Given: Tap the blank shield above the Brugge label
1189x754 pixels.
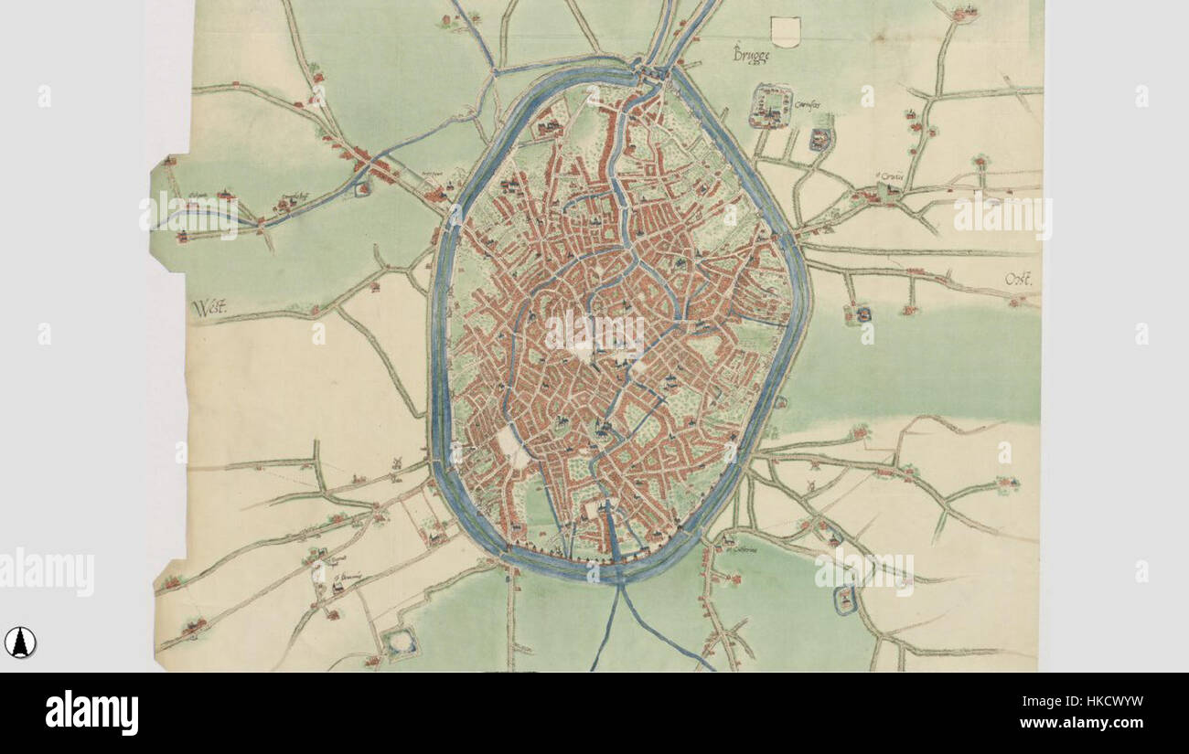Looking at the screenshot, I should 786,31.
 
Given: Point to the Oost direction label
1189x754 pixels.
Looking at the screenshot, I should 1017,280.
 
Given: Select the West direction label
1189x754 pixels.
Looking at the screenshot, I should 209,308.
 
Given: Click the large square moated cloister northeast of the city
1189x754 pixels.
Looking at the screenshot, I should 771,105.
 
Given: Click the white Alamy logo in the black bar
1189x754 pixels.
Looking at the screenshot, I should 91,713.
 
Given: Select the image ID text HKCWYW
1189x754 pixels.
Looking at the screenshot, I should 1081,702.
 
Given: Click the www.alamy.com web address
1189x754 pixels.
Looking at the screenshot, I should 1081,723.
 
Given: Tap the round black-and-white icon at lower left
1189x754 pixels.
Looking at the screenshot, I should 19,642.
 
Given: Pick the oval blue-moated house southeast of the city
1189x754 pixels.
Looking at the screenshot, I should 845,600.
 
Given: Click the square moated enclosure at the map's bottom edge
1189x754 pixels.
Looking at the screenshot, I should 399,643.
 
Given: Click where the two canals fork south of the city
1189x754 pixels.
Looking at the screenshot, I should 619,589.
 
